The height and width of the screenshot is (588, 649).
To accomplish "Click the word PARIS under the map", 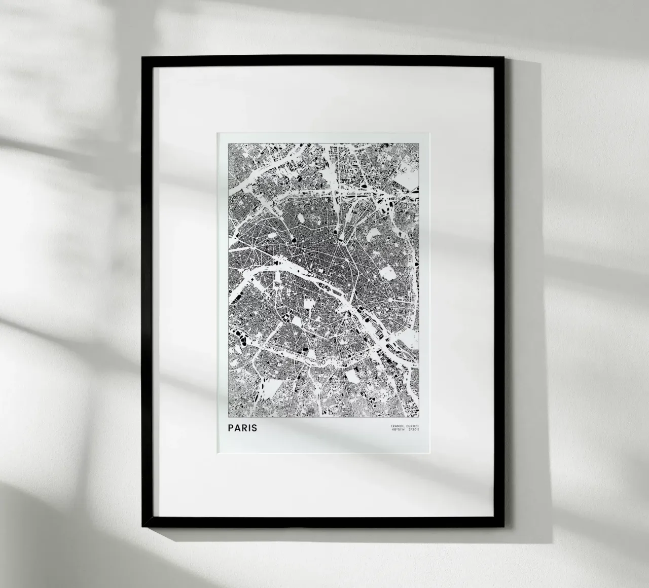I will tap(242, 428).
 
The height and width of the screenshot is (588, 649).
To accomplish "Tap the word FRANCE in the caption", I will tap(398, 425).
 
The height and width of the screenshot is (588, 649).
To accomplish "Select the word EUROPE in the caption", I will tap(413, 425).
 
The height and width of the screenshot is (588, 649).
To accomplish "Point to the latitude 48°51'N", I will tap(399, 430).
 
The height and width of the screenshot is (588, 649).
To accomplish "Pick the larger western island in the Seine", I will tap(330, 290).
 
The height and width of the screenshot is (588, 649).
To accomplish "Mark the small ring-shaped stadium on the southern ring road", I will tap(321, 363).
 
